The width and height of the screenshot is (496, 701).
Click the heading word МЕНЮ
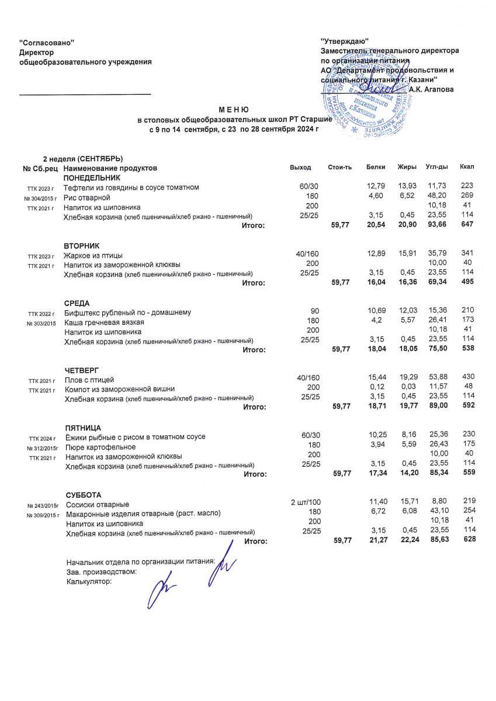(x=234, y=109)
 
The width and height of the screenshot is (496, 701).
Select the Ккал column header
(x=467, y=168)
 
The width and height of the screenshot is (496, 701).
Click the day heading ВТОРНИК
(x=82, y=246)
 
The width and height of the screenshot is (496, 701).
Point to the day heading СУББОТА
(x=84, y=495)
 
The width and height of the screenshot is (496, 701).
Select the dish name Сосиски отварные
(x=98, y=504)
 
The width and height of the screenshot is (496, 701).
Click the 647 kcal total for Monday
(x=467, y=225)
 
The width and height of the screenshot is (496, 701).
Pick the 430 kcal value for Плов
(x=468, y=380)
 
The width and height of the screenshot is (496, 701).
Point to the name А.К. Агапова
(x=431, y=89)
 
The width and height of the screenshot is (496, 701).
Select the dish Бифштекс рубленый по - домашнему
(x=127, y=313)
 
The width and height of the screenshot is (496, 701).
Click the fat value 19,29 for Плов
(x=407, y=380)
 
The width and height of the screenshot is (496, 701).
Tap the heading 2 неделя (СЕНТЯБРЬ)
(x=82, y=159)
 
